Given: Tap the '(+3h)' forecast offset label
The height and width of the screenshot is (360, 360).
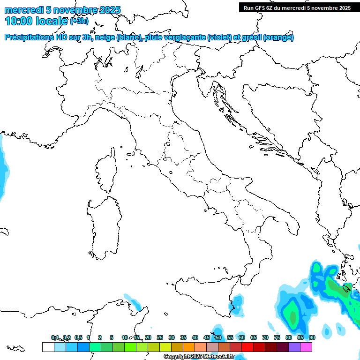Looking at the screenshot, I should (x=79, y=21).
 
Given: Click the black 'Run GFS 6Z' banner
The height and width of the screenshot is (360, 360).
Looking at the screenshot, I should (x=297, y=7).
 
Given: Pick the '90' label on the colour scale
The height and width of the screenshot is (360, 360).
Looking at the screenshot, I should (x=312, y=337).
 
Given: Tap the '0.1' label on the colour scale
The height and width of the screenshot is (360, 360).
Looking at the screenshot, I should (x=55, y=337).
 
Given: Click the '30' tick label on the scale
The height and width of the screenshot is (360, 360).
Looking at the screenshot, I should (x=172, y=337).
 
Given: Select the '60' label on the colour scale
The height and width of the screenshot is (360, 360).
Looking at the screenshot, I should (x=242, y=337).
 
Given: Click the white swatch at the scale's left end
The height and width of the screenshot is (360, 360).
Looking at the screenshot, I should (x=48, y=347).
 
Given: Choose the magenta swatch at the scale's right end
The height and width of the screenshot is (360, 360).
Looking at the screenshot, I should (x=306, y=347).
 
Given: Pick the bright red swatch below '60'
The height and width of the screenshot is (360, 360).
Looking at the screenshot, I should (x=247, y=347).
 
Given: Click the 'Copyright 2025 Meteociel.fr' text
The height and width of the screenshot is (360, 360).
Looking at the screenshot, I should (x=199, y=357).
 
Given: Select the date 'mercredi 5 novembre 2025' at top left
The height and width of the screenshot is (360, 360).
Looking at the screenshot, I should (x=62, y=10).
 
